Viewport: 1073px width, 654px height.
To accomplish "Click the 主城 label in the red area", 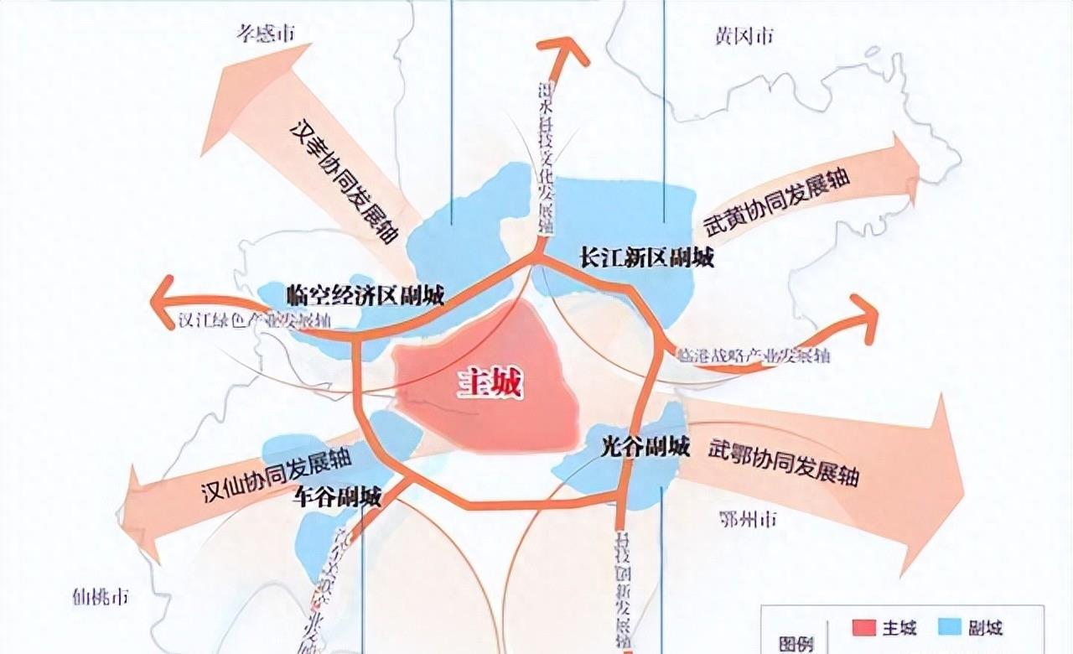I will point(490,384).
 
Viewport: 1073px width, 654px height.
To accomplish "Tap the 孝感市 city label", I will point(267,34).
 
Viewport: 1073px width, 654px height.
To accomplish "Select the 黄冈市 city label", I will point(744,36).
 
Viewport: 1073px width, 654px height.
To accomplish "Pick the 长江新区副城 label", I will point(646,257).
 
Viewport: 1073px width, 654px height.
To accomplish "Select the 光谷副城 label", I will point(645,447).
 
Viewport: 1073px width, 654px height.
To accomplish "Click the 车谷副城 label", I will point(338,497).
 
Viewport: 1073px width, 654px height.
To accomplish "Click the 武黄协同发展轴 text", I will point(776,205).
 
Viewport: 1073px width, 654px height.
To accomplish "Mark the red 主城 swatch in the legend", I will point(864,628).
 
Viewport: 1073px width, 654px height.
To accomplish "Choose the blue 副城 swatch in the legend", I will point(949,628).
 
